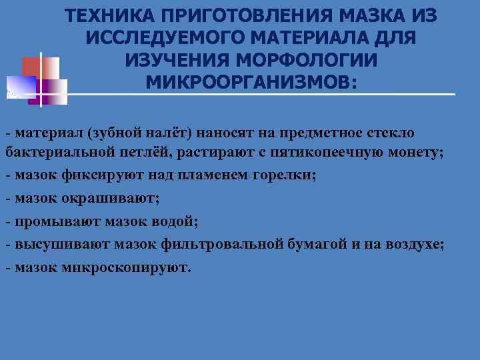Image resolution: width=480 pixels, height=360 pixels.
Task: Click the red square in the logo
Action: (x=31, y=67)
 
